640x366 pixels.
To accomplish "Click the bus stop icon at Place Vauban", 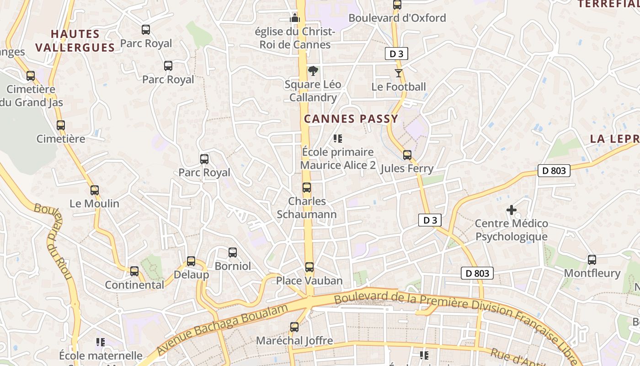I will (x=309, y=267).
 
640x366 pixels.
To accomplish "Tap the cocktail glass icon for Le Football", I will (x=399, y=73).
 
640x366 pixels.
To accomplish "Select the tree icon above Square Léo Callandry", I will (x=313, y=71).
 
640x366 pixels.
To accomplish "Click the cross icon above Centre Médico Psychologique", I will (x=512, y=210).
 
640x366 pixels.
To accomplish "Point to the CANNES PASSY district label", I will (x=351, y=119).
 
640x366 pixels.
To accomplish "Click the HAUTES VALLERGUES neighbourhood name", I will (x=75, y=41).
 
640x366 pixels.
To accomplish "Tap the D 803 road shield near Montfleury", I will (x=477, y=273).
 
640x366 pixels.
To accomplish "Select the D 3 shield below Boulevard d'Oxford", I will (x=396, y=54).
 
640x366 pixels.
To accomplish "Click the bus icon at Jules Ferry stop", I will (x=407, y=155).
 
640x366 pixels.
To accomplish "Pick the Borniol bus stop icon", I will (x=233, y=253).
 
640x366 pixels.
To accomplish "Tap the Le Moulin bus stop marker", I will (x=95, y=190).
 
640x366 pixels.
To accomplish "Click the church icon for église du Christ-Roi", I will (x=295, y=18).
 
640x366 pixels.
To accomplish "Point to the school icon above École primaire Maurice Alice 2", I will (x=337, y=139).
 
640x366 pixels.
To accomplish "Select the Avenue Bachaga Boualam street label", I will (x=222, y=328).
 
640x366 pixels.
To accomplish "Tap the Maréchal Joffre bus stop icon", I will (x=294, y=327).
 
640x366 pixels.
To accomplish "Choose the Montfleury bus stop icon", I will (x=592, y=260).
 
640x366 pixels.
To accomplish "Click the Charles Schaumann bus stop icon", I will (x=307, y=188).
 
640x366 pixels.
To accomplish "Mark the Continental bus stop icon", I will (x=134, y=271).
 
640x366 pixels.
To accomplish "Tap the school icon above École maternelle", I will (x=101, y=342).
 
